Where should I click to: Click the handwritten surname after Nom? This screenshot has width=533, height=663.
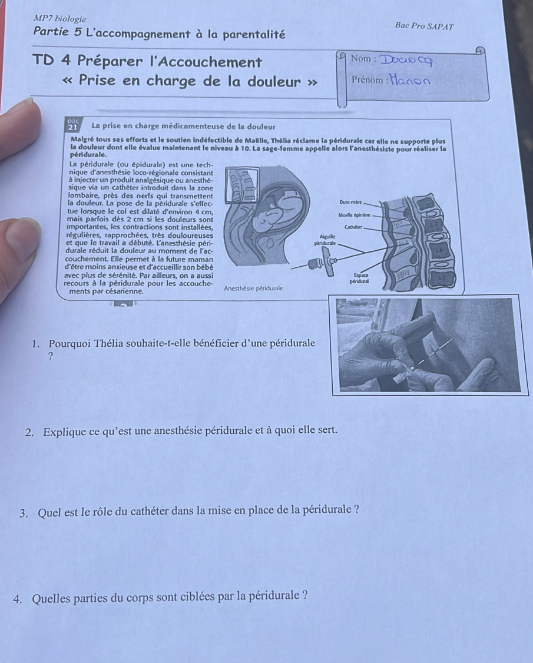406,61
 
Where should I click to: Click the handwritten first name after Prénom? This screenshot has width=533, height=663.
410,80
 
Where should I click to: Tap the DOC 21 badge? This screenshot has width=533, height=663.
73,125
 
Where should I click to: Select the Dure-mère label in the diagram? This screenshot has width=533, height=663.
350,203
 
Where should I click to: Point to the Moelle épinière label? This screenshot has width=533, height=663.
354,216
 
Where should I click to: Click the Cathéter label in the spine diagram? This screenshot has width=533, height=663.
353,227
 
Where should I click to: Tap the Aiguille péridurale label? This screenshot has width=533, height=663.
326,240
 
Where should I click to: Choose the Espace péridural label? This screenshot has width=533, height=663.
360,279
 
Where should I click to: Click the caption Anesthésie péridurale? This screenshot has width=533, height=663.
253,289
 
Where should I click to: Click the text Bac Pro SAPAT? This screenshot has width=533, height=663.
424,26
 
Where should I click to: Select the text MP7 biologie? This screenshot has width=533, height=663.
59,19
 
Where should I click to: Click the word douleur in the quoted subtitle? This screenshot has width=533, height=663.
274,81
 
